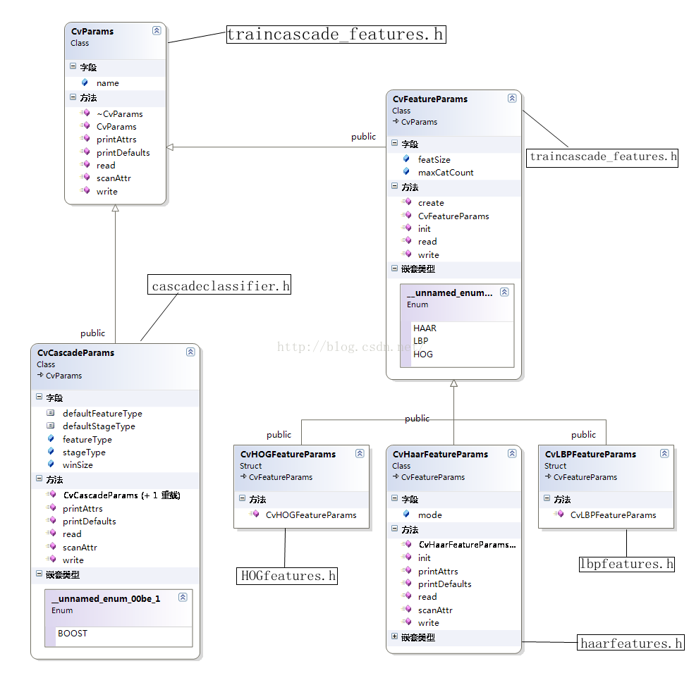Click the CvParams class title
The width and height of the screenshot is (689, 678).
(92, 31)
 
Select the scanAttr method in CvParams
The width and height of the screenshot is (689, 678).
(114, 178)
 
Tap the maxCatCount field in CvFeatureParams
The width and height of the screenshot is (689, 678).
(445, 173)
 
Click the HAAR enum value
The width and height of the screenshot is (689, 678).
(425, 328)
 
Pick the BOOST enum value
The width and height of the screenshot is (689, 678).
(73, 634)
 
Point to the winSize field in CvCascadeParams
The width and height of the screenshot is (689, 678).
(78, 465)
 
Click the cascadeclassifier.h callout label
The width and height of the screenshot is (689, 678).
(221, 286)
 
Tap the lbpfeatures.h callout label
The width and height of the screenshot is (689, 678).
(626, 564)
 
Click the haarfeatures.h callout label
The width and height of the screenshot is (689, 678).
(630, 643)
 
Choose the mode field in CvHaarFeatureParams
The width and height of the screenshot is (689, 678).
(429, 515)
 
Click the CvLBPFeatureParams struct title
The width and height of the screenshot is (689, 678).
(590, 455)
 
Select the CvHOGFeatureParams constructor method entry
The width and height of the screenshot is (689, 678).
(311, 515)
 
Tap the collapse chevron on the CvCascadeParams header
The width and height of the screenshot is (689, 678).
(190, 352)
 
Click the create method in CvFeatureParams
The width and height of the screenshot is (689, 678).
(431, 203)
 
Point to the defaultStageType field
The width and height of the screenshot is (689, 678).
(99, 426)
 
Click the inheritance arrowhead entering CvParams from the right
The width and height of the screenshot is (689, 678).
(170, 147)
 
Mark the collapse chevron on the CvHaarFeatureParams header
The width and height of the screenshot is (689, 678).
(512, 454)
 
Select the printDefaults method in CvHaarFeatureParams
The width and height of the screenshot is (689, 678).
(444, 584)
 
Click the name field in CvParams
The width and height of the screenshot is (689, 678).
(108, 83)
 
